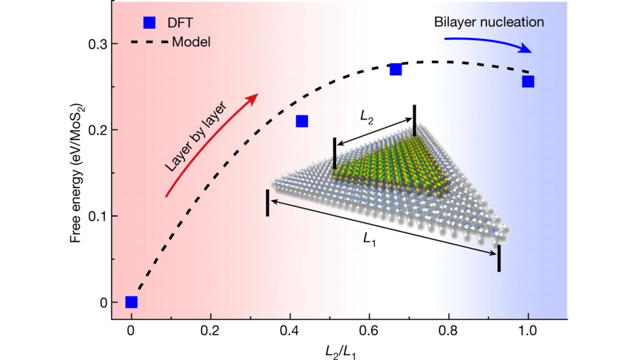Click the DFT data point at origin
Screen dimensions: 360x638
point(131,302)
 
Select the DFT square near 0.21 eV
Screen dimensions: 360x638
point(301,121)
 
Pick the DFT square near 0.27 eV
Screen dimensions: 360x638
point(396,70)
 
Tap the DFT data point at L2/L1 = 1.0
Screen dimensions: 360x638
point(528,82)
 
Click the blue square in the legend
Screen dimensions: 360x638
point(149,23)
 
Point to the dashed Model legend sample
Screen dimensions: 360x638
point(148,42)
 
